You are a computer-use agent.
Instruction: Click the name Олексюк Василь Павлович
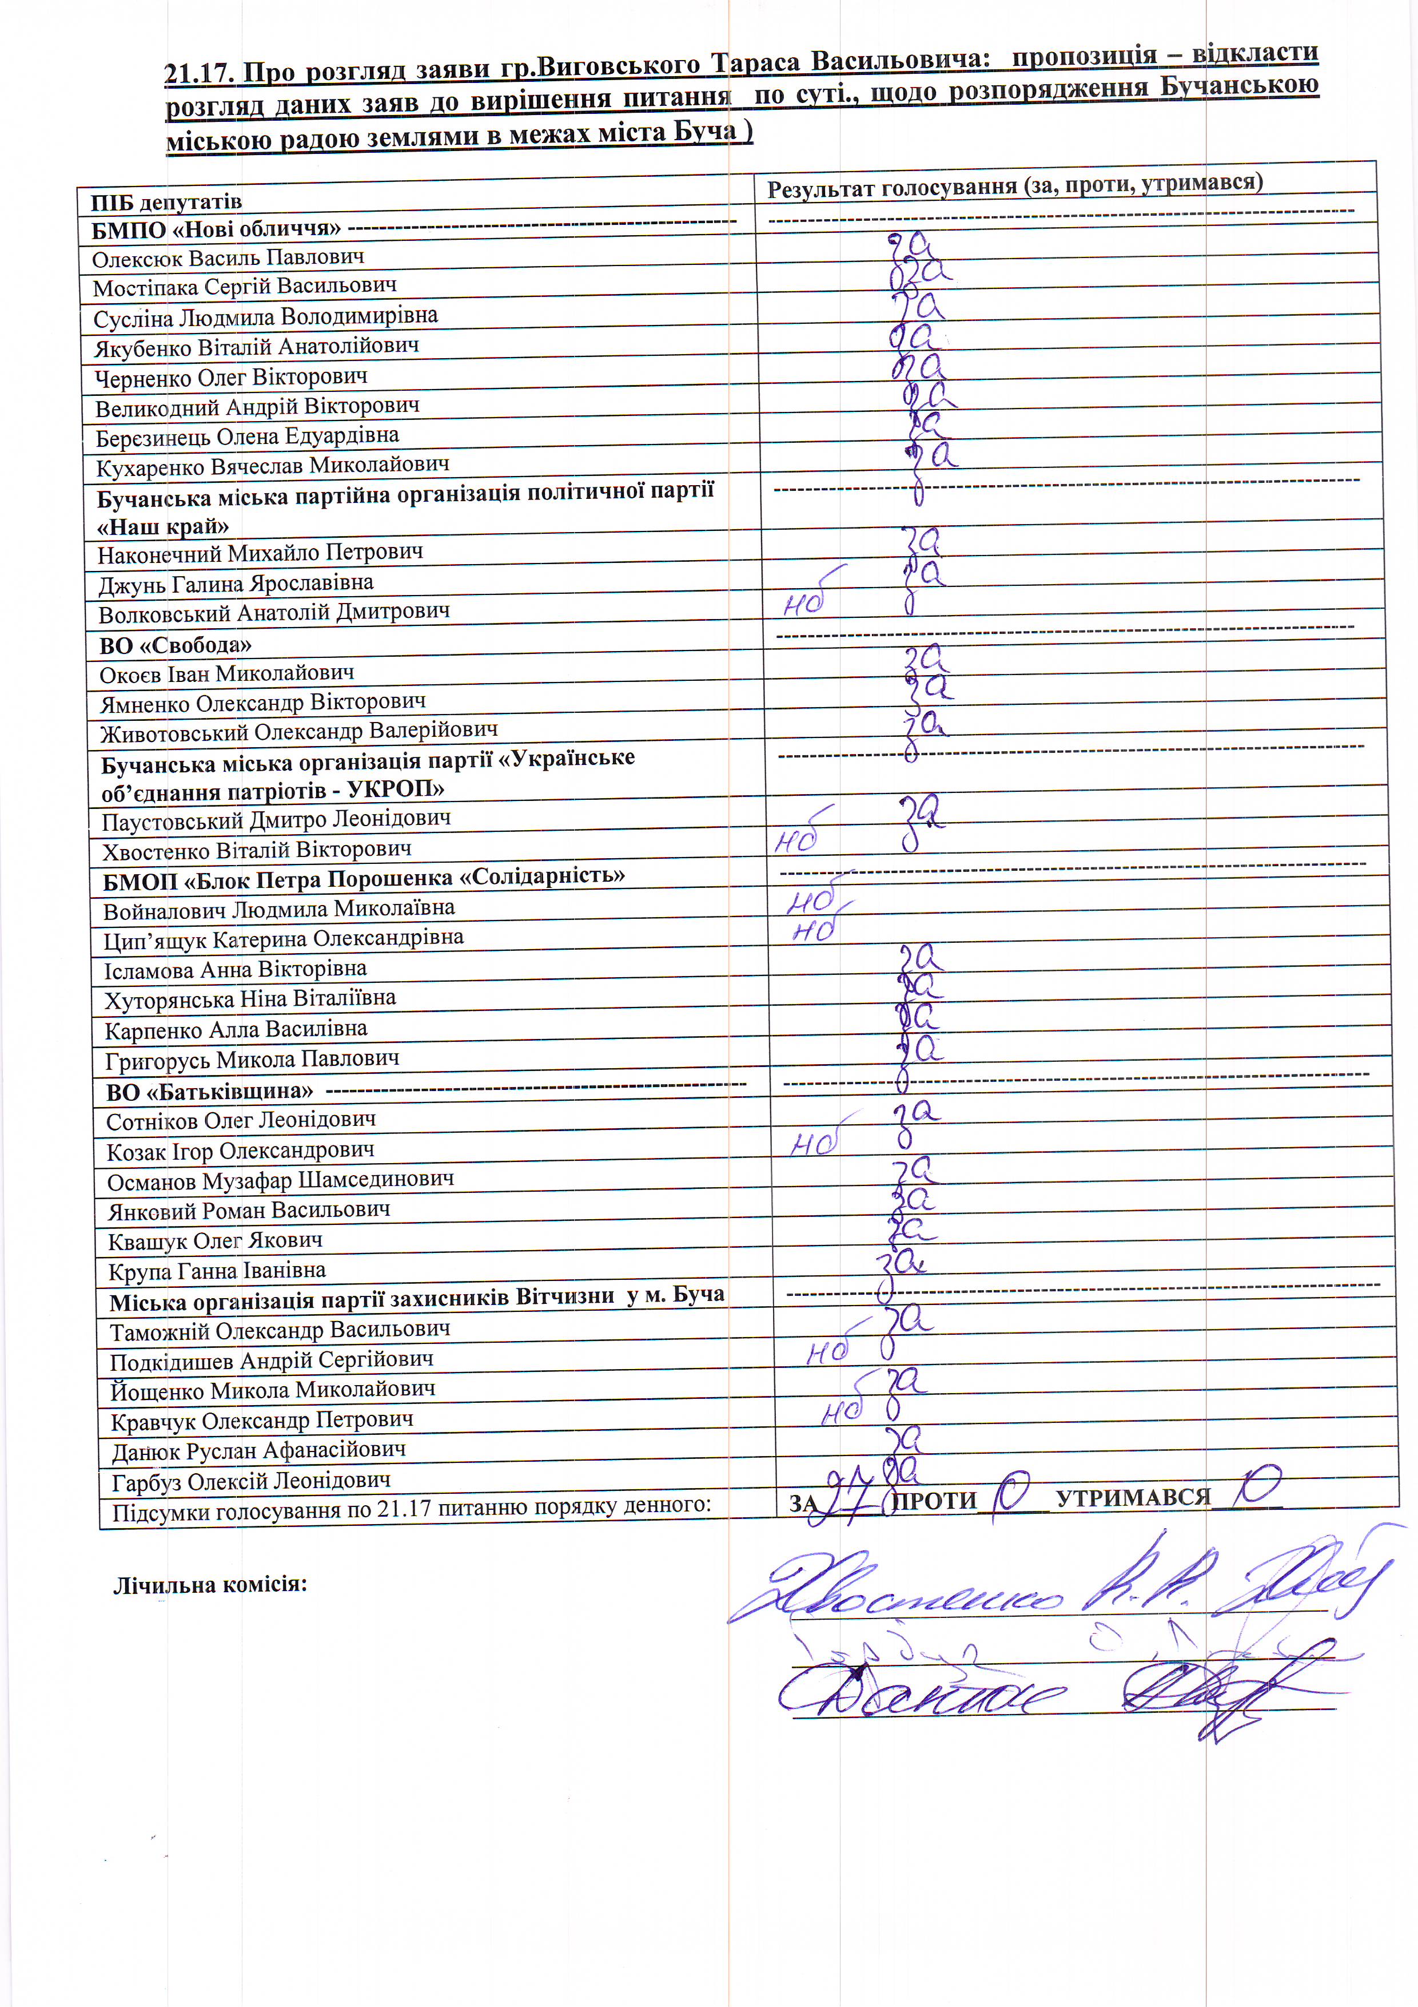click(228, 259)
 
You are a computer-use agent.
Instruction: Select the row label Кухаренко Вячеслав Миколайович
click(273, 467)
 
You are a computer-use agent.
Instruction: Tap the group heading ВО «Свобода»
click(176, 646)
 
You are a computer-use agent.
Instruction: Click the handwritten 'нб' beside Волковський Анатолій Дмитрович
click(804, 602)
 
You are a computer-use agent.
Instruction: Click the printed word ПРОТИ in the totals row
click(934, 1501)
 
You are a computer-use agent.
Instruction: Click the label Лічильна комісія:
click(210, 1584)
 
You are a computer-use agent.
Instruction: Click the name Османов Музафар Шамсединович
click(280, 1181)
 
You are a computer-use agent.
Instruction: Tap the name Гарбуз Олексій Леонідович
click(251, 1482)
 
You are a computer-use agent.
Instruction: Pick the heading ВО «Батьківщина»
click(210, 1092)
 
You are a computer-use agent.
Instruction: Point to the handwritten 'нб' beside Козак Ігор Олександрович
click(814, 1143)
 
